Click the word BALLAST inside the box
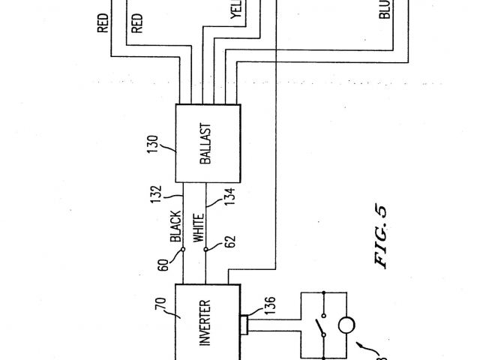tap(207, 143)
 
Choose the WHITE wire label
tap(199, 227)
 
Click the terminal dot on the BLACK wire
tap(181, 253)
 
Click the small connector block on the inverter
tap(245, 324)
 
